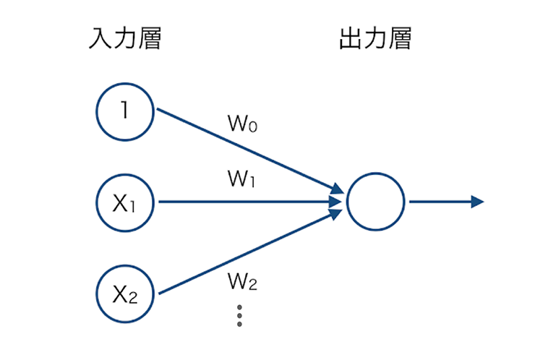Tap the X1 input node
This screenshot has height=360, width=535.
[x=125, y=202]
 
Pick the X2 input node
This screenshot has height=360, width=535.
[x=125, y=293]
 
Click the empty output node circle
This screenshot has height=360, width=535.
[x=375, y=202]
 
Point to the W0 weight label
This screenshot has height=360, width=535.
[x=243, y=124]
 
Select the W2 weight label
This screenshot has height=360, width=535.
[x=243, y=283]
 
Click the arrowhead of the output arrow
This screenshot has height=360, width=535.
[x=476, y=202]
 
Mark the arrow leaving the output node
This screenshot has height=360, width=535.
[x=441, y=202]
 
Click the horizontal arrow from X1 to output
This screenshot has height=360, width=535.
[x=246, y=202]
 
